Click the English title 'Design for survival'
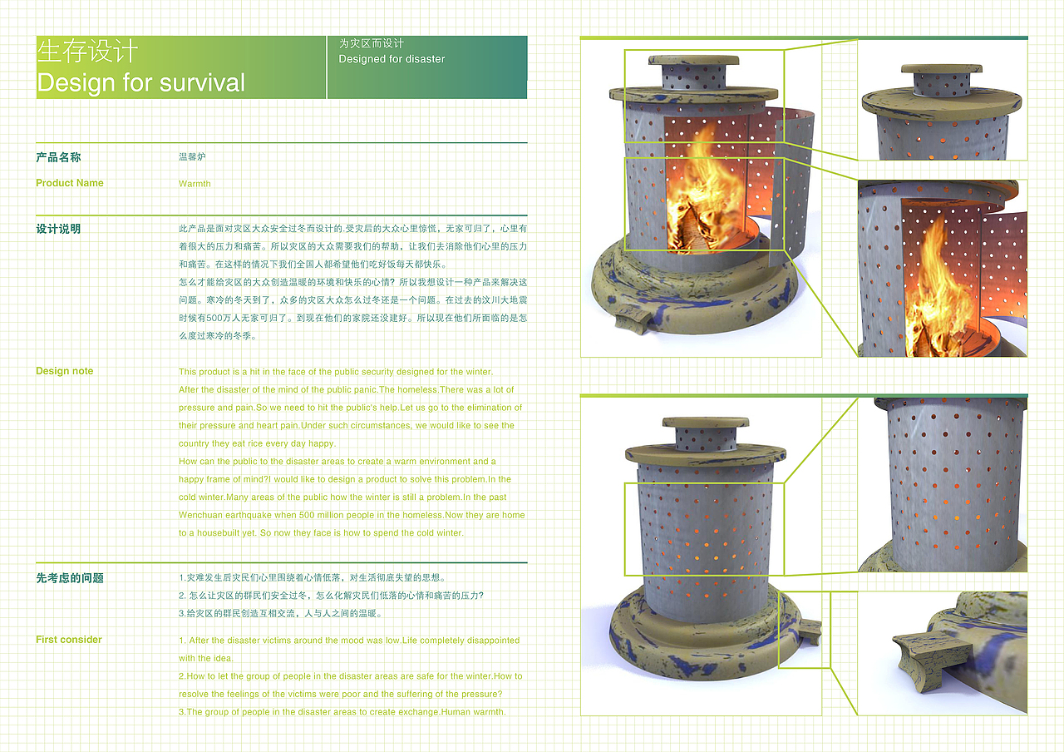141,82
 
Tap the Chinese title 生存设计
87,51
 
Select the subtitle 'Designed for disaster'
392,59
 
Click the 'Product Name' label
69,183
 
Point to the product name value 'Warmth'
195,184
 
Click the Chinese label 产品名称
58,157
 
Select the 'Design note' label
64,371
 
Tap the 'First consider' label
68,640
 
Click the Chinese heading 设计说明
58,229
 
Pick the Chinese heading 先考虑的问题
69,578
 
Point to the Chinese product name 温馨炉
192,157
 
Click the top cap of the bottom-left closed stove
706,422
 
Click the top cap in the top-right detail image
942,68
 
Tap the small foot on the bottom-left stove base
811,631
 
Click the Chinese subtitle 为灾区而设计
371,44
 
